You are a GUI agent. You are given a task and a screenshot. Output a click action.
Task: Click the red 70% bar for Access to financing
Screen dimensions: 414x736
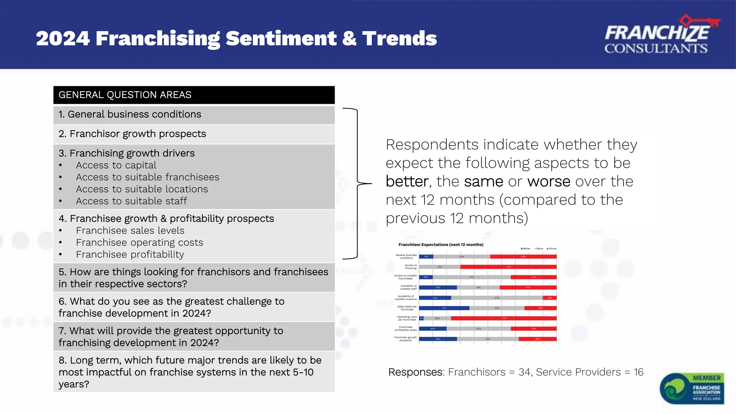(508, 267)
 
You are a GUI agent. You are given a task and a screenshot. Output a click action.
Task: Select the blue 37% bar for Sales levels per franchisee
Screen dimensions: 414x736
(444, 308)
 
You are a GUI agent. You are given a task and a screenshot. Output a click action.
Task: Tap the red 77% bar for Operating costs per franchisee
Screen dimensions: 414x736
(503, 318)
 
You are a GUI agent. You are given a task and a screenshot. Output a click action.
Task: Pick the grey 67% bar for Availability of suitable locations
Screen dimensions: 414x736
(497, 298)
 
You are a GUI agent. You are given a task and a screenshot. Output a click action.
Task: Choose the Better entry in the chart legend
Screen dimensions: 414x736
(525, 249)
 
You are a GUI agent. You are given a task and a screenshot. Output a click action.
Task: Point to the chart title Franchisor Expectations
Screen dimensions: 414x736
(441, 245)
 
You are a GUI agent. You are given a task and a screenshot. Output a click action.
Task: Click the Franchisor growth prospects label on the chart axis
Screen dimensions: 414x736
(405, 339)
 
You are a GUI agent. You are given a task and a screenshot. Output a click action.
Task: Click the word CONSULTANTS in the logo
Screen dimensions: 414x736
(656, 49)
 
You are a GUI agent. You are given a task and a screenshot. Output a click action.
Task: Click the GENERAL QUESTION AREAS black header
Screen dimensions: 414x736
(194, 95)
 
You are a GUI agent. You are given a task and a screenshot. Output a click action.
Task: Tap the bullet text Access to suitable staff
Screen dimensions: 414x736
(131, 201)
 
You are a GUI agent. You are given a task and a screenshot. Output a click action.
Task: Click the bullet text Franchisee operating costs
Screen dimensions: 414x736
(139, 243)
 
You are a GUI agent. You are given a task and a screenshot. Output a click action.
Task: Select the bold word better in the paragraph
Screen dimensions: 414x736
(407, 181)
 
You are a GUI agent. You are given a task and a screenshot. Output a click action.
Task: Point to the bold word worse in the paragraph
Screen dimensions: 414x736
(548, 181)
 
